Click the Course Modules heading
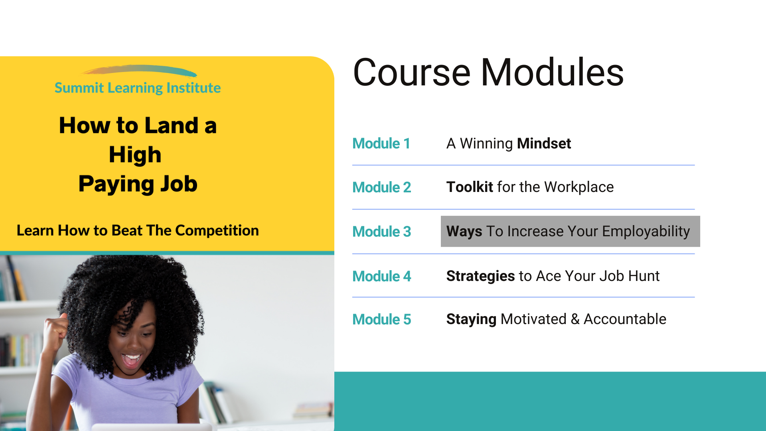tap(488, 72)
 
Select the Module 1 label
tap(381, 144)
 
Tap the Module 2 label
tap(382, 187)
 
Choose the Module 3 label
tap(382, 231)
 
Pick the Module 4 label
tap(382, 276)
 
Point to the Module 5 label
tap(382, 319)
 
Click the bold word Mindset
tap(544, 144)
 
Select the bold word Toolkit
tap(470, 187)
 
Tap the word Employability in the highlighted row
tap(646, 232)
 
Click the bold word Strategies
tap(481, 276)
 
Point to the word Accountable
tap(625, 319)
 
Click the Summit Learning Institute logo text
tap(138, 88)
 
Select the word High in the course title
tap(135, 155)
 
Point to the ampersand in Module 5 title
tap(575, 319)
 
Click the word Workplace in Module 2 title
tap(579, 188)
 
